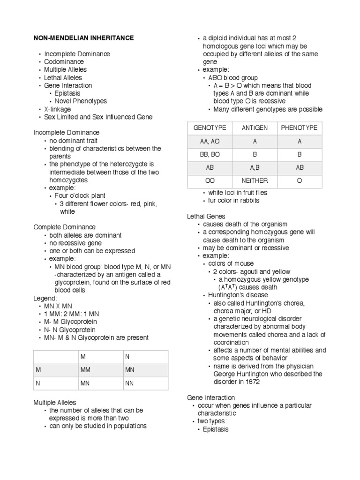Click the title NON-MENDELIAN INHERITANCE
click(83, 37)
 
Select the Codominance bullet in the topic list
click(64, 61)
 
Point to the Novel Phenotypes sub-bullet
click(81, 101)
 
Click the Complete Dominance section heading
click(65, 227)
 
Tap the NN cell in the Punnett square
click(129, 383)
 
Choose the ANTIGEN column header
click(255, 128)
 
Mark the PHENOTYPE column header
click(299, 128)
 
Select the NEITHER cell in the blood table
click(255, 180)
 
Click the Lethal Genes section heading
click(206, 216)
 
